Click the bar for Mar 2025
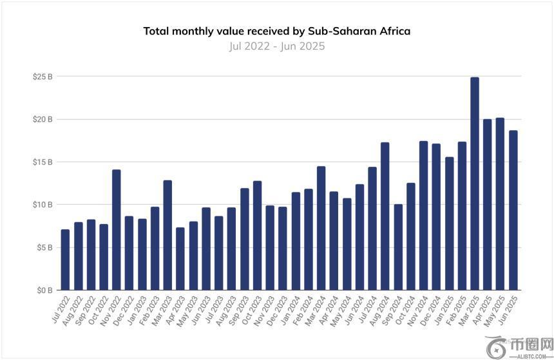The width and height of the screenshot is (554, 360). tap(475, 184)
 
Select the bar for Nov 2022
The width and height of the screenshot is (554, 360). tap(116, 230)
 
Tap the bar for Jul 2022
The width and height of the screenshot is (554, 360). tap(65, 260)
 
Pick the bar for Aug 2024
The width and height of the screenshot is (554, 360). tap(385, 216)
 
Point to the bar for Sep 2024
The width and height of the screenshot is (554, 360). tap(398, 247)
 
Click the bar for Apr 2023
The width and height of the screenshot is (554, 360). tap(180, 259)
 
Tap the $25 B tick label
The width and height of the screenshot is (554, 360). tap(43, 77)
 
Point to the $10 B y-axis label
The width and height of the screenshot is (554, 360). tap(43, 205)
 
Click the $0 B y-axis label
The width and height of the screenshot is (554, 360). tap(44, 290)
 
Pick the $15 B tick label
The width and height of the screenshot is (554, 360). tap(43, 162)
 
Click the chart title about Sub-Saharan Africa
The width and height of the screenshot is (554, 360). tap(276, 31)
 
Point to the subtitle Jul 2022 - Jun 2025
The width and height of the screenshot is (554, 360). tap(276, 46)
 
